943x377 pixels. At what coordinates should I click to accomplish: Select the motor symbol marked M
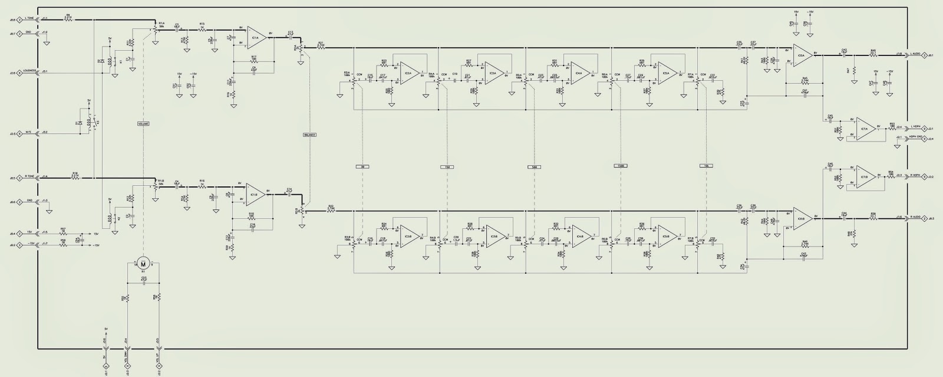coord(143,263)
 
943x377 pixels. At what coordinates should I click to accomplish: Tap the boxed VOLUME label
coord(143,124)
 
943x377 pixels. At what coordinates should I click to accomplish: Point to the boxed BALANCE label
coord(310,135)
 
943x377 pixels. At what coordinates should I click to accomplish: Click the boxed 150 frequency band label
coord(447,167)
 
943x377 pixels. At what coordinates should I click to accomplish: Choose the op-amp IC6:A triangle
coord(802,54)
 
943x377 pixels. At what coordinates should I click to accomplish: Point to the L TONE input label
coord(29,19)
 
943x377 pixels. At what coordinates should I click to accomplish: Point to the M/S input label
coord(29,133)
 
